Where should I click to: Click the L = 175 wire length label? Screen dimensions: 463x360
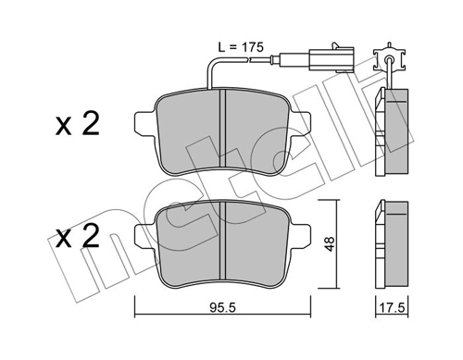(241, 47)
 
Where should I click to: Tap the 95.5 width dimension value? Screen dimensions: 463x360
(222, 307)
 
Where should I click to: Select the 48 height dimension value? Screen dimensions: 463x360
(330, 243)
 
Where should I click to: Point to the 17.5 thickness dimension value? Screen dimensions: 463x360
(392, 307)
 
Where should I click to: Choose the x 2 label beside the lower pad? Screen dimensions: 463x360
(78, 236)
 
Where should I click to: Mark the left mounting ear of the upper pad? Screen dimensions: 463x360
(145, 124)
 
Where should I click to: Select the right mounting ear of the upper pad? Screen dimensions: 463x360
(299, 124)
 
